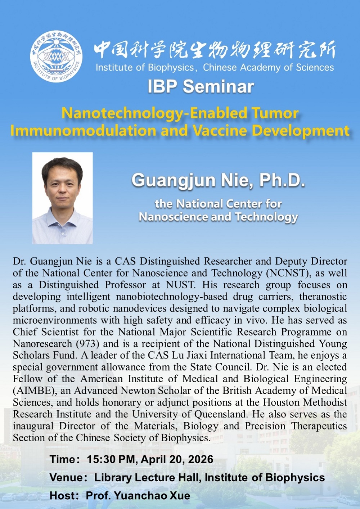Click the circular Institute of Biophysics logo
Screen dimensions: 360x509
tap(57, 56)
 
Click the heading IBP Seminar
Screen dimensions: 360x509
tap(201, 87)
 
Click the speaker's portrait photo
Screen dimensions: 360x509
tap(63, 198)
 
